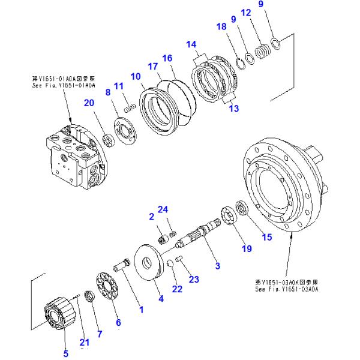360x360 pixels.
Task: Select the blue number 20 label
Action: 89,103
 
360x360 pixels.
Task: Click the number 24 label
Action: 163,209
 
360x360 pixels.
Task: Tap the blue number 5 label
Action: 65,353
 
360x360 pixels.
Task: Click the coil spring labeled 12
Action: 262,50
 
